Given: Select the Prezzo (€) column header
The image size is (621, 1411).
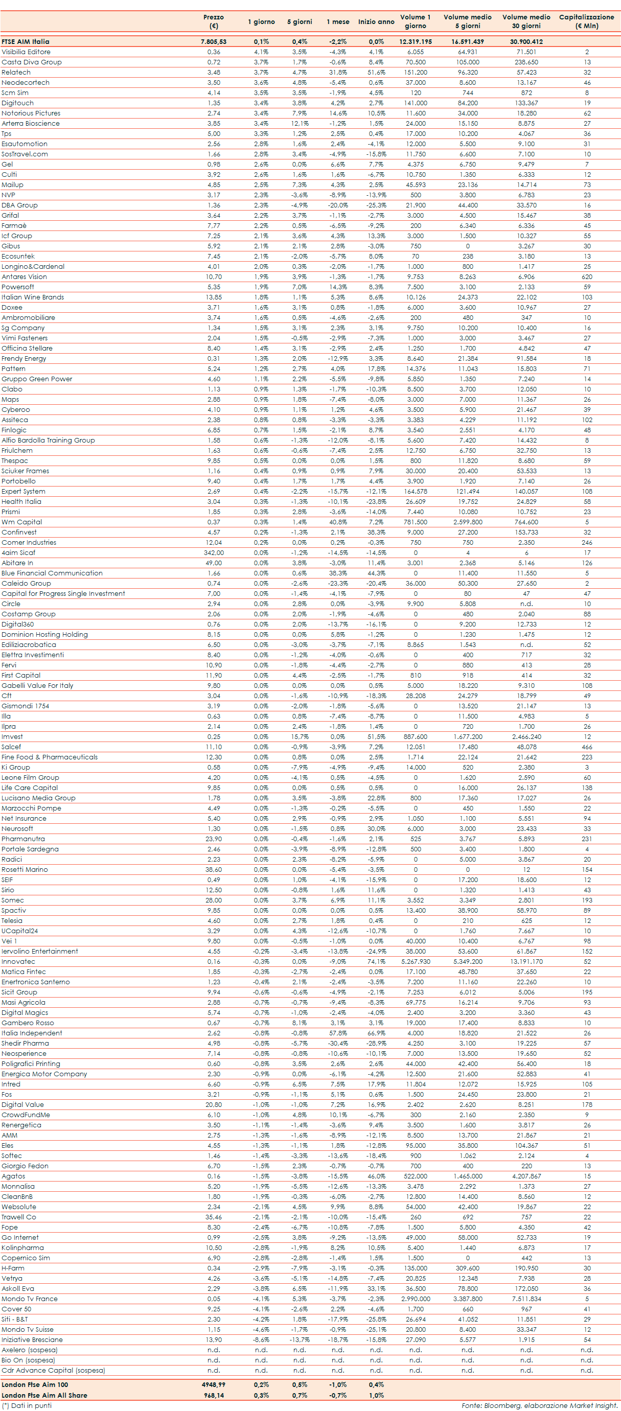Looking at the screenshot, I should point(213,21).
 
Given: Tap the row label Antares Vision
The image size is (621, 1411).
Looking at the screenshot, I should point(24,276).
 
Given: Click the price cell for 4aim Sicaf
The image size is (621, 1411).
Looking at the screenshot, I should point(213,552).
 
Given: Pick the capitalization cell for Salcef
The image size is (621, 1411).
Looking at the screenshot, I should point(587,747).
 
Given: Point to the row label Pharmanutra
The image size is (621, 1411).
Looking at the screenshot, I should point(23,839).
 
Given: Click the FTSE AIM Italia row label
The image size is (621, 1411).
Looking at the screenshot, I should point(25,41).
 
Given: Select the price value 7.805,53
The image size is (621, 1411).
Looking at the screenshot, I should point(213,41).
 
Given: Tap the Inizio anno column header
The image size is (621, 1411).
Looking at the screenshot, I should point(376,22).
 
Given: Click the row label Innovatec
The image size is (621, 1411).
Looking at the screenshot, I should point(18,961).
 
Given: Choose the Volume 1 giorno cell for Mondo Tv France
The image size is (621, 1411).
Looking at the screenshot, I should point(415,1299).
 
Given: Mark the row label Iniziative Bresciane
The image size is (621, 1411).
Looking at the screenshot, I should point(32,1339).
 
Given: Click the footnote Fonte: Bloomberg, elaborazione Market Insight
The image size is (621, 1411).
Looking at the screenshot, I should point(539,1405).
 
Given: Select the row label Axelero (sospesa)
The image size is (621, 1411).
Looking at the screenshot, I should point(29,1350).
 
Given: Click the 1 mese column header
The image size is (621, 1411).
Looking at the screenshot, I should point(338,22).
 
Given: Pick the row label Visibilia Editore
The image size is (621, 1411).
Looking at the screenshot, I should point(26,52).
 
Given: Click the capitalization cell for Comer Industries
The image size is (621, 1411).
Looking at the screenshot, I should point(587,542).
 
